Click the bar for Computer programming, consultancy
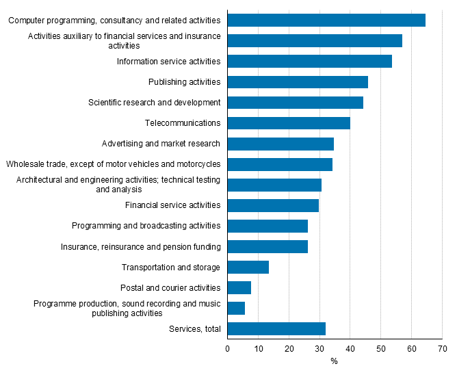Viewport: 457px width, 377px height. [x=326, y=21]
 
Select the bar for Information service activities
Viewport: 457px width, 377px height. [x=309, y=62]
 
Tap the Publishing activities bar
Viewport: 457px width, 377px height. [x=298, y=82]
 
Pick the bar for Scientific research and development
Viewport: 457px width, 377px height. [x=295, y=103]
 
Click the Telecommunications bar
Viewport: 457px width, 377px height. [x=289, y=123]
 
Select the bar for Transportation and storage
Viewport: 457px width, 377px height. [x=248, y=267]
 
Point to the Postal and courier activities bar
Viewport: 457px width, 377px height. [x=239, y=287]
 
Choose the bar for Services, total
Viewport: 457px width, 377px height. [x=276, y=328]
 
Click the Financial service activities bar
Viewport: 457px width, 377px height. [x=273, y=205]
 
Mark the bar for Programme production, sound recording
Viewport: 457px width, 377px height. [x=236, y=308]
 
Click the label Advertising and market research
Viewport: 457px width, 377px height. [x=161, y=144]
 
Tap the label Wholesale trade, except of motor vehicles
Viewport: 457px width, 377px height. [x=113, y=164]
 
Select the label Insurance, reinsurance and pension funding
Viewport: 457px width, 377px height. [x=140, y=246]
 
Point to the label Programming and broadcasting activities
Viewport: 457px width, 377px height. [x=146, y=226]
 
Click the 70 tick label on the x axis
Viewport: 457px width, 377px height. [x=442, y=348]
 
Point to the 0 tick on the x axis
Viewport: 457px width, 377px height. [x=228, y=348]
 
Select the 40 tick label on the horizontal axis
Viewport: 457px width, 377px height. [x=350, y=348]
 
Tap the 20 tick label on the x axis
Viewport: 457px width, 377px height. [x=289, y=348]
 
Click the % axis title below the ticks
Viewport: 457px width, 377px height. [x=334, y=361]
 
